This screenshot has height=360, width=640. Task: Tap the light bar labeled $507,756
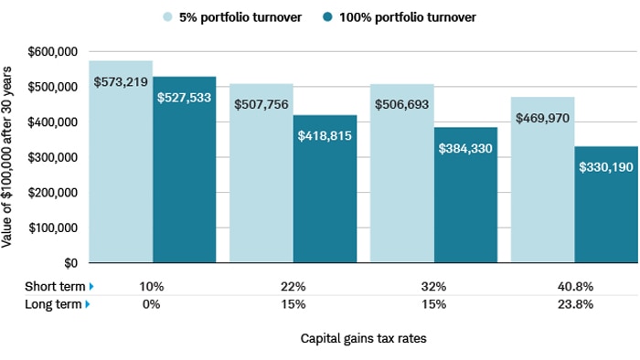pyautogui.click(x=261, y=183)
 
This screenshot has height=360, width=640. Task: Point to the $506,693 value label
pyautogui.click(x=402, y=104)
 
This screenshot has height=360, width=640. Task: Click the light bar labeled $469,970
pyautogui.click(x=543, y=192)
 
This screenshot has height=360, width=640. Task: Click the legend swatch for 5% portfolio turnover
pyautogui.click(x=168, y=17)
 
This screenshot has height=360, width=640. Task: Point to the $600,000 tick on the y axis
pyautogui.click(x=53, y=52)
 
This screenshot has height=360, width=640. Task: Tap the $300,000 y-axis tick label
pyautogui.click(x=53, y=158)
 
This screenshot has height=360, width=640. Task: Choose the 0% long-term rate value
pyautogui.click(x=152, y=304)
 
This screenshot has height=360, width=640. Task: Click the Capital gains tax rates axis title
pyautogui.click(x=363, y=338)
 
